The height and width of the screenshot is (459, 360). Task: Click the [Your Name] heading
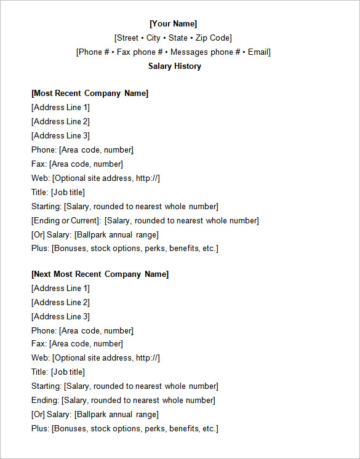(x=173, y=23)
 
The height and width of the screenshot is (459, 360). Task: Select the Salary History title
(x=174, y=66)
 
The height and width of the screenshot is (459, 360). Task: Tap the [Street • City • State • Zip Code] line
(x=173, y=38)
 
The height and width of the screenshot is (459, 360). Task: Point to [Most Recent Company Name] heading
(x=89, y=94)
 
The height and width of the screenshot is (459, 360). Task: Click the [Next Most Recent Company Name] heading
(x=100, y=274)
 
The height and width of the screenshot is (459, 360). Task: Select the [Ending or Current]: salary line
(x=145, y=221)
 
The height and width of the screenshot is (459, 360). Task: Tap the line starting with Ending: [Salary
(x=123, y=401)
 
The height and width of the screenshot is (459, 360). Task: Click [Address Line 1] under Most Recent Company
(x=60, y=108)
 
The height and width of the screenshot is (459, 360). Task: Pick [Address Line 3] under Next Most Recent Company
(x=60, y=316)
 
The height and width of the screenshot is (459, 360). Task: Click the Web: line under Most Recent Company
(x=95, y=178)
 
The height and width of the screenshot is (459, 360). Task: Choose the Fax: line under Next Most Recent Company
(x=77, y=344)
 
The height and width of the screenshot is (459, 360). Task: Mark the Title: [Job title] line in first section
(x=58, y=193)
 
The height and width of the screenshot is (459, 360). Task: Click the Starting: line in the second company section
(x=124, y=386)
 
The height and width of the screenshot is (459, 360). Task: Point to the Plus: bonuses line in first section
(x=124, y=249)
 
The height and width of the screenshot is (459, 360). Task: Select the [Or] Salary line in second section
(x=95, y=415)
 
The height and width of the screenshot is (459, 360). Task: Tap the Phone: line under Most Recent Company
(x=82, y=150)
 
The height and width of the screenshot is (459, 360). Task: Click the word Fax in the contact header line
(x=124, y=52)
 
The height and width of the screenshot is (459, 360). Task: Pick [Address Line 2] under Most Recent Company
(x=60, y=122)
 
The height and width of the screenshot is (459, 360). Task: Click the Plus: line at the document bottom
(x=124, y=429)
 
